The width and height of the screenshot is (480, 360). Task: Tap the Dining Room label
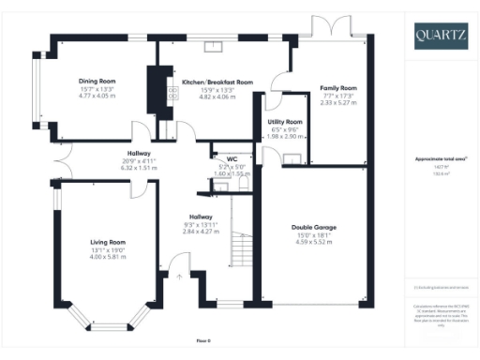(x=97, y=82)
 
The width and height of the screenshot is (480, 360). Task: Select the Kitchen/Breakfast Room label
(x=217, y=82)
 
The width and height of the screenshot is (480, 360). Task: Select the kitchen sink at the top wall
(x=214, y=45)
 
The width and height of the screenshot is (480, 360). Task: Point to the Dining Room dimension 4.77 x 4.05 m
(x=97, y=96)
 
